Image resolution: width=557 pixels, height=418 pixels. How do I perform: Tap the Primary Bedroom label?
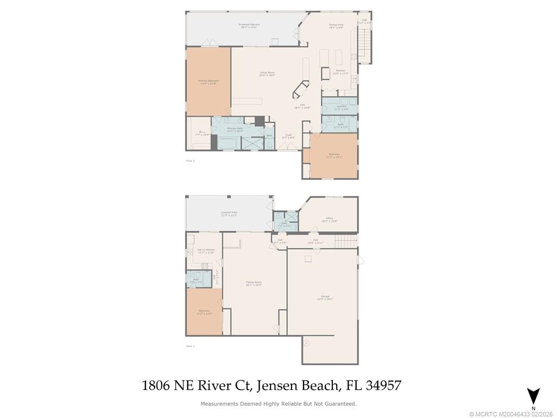coord(208,82)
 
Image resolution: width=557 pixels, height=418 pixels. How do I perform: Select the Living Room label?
coord(267,73)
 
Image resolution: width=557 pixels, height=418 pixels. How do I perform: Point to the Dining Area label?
coord(336,26)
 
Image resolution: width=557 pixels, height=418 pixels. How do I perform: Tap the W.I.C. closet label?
coord(202,133)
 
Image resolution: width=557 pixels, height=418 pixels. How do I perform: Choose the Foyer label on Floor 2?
coord(288,136)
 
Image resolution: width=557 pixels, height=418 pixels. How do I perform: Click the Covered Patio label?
coord(229,213)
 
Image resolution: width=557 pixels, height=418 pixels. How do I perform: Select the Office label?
coord(329,219)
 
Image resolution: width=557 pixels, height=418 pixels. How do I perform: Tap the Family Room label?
coord(253,283)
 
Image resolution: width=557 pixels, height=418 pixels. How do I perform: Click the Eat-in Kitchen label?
coord(206,251)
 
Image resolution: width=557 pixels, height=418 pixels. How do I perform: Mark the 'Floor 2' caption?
coord(190,161)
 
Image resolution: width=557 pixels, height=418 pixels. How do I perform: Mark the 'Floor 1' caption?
coord(190,346)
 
